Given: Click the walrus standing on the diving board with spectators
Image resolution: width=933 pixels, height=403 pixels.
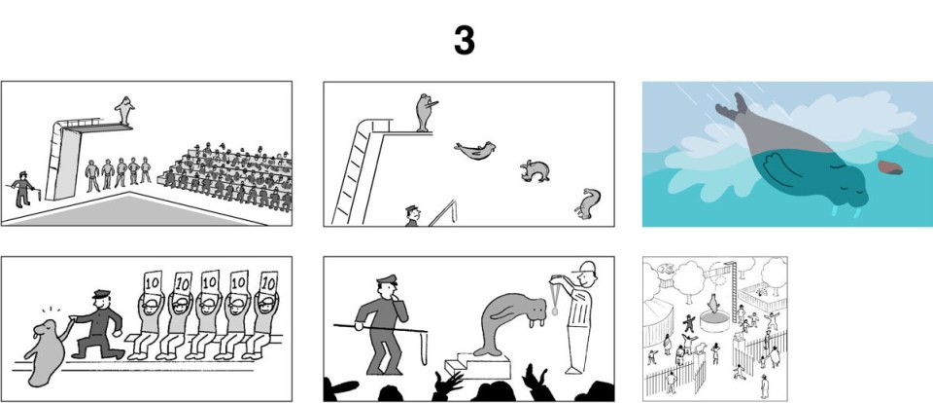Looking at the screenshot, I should point(123,109).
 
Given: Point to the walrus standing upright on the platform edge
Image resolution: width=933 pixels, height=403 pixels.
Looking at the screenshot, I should point(423,111).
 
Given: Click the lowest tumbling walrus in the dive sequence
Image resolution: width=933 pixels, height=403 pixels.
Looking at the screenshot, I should point(588,203).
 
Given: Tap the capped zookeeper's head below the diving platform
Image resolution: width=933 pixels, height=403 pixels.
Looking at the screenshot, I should point(413,210).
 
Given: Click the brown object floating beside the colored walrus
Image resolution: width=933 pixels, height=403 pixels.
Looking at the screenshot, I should point(888,166).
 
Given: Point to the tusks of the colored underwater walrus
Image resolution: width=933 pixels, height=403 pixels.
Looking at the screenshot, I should point(844,207).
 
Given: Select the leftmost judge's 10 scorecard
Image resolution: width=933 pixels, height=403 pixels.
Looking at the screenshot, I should point(152,281).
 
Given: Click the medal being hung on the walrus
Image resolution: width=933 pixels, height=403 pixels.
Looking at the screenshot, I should point(554,311).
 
